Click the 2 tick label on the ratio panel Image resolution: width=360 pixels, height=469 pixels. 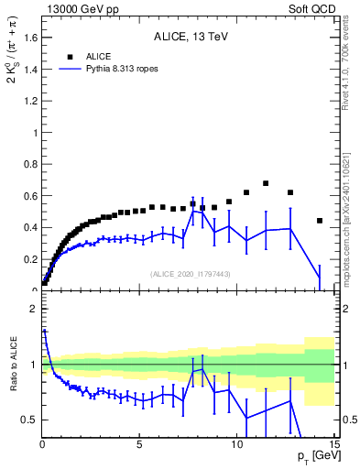[33, 309]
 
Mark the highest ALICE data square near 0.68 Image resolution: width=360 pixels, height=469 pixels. [266, 183]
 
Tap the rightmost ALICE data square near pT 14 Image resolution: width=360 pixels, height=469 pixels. [320, 221]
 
